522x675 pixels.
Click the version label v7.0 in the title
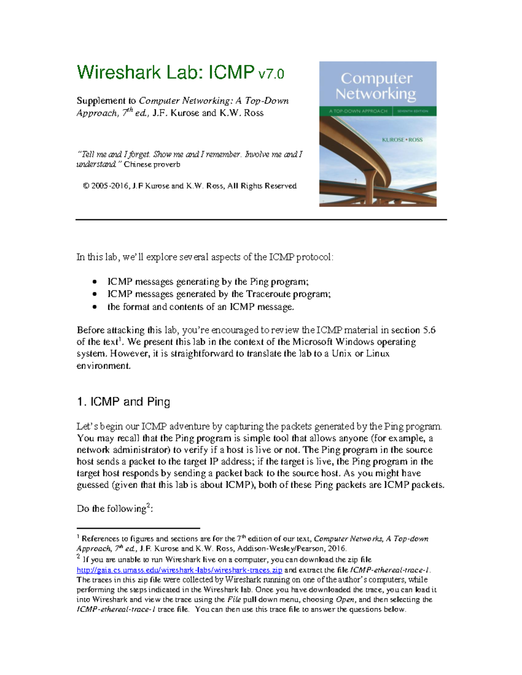click(x=271, y=74)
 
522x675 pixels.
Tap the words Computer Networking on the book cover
click(x=376, y=86)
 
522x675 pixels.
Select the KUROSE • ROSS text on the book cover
click(x=402, y=140)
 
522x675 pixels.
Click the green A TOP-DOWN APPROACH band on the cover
click(x=358, y=111)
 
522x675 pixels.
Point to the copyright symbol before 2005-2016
click(x=86, y=186)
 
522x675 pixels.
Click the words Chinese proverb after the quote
click(x=152, y=164)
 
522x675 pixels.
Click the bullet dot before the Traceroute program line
click(x=95, y=294)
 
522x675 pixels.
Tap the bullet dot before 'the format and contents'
click(x=95, y=307)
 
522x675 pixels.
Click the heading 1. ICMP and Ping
click(x=123, y=402)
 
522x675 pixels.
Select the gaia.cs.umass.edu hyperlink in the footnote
click(x=179, y=570)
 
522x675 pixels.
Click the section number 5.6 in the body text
click(x=429, y=330)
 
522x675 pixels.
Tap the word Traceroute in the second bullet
click(x=268, y=294)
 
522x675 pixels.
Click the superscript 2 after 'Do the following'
click(x=148, y=505)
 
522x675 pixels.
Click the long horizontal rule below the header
click(x=261, y=220)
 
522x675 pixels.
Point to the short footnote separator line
click(x=138, y=528)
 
